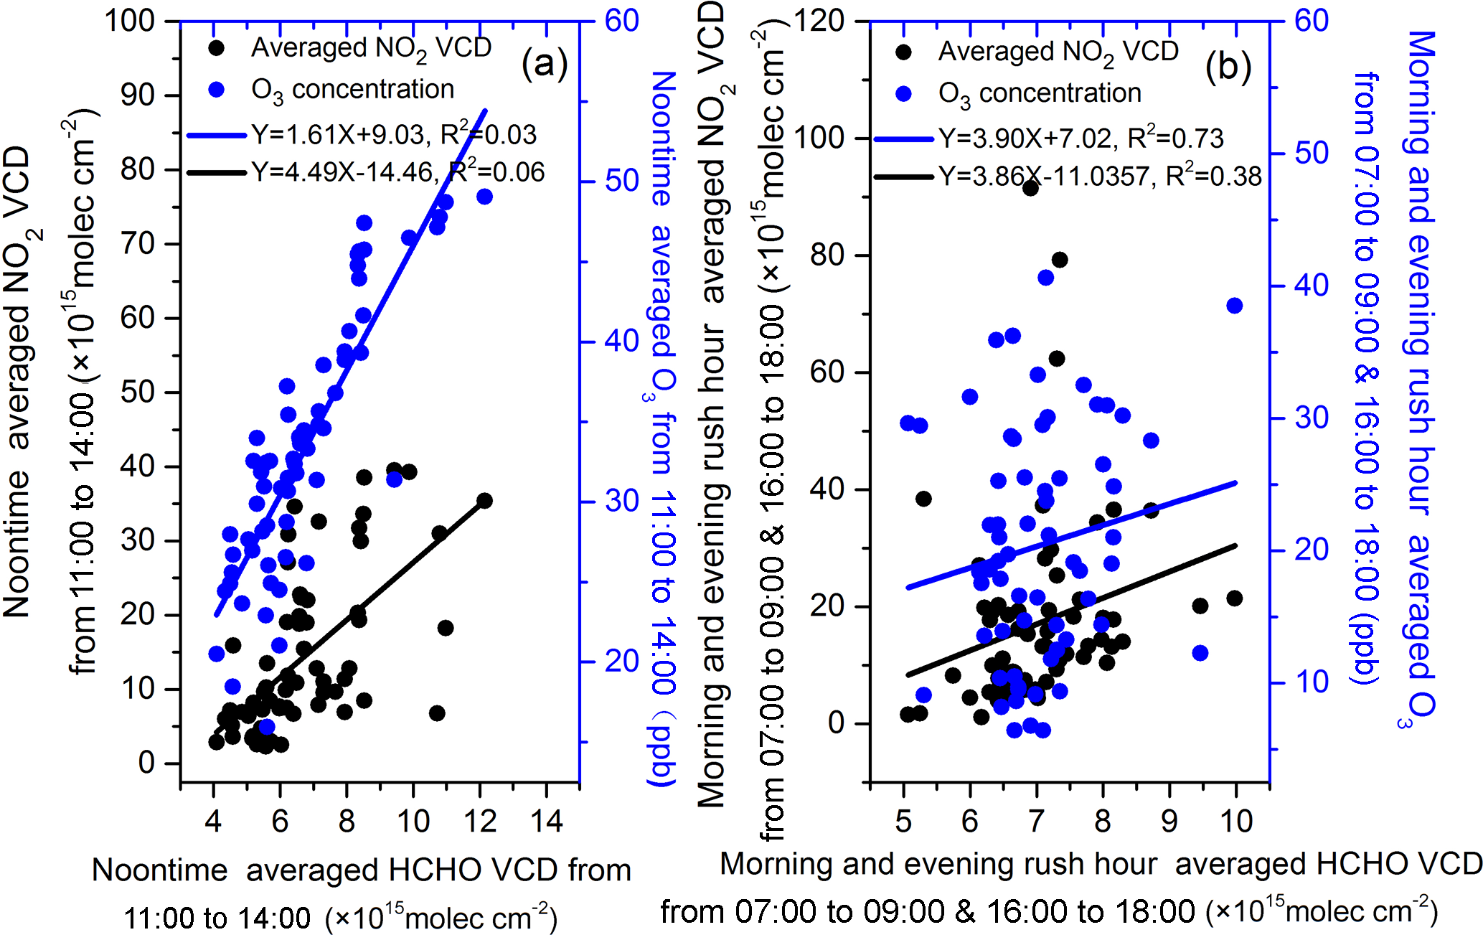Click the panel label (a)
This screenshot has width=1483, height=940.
coord(545,65)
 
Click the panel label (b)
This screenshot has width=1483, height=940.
coord(1228,67)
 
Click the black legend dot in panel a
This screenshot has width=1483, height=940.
coord(216,48)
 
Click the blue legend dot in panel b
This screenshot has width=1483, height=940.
coord(904,93)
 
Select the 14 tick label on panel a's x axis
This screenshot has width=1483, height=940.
coord(547,820)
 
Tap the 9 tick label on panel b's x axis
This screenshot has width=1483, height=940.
coord(1169,820)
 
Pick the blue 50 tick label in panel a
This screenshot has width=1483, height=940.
coord(621,181)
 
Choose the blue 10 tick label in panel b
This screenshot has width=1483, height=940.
coord(1312,682)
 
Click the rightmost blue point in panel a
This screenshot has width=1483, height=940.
coord(484,197)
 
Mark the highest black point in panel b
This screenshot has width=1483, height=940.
coord(1031,188)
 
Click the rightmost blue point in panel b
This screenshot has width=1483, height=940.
coord(1234,306)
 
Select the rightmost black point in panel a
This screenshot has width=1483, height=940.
coord(484,500)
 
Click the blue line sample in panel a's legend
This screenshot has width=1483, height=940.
coord(217,135)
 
